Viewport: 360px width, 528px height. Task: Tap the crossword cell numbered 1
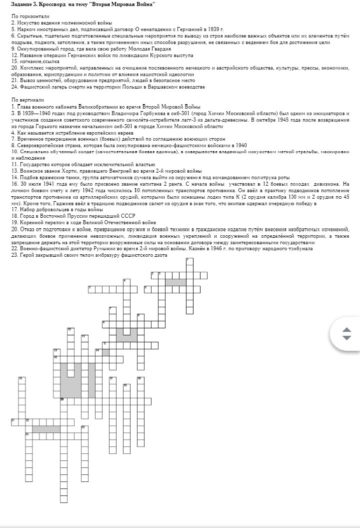tap(189, 261)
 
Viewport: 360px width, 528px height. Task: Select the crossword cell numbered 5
tap(91, 289)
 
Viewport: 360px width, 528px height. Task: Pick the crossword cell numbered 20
tap(63, 401)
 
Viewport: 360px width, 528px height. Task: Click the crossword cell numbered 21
tap(14, 421)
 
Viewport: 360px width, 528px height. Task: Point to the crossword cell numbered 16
tap(21, 380)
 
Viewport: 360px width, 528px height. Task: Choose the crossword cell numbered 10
tap(70, 330)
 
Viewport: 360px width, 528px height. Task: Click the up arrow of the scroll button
tap(346, 330)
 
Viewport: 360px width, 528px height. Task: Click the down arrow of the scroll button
tap(346, 338)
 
